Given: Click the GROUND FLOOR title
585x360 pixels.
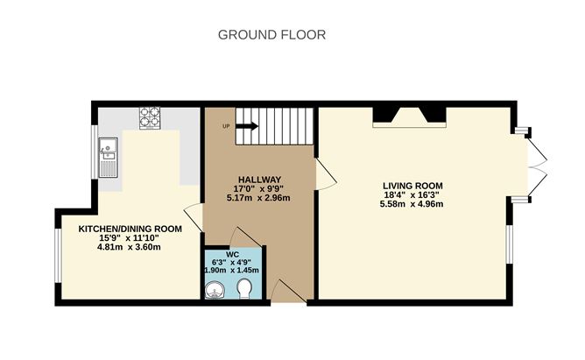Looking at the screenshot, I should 271,35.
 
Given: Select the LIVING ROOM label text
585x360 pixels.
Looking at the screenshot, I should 412,186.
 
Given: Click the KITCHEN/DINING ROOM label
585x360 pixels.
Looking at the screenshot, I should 130,228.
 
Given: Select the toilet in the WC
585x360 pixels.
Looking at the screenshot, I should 246,289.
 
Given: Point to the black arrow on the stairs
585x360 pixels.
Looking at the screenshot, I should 247,125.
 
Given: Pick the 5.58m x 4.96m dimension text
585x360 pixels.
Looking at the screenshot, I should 412,205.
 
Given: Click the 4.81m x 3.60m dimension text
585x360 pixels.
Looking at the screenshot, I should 130,247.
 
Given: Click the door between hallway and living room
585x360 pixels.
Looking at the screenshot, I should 324,174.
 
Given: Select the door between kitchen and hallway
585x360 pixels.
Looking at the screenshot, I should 193,218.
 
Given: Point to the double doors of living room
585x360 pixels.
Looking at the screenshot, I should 539,166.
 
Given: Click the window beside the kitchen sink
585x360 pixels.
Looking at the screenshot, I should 95,154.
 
